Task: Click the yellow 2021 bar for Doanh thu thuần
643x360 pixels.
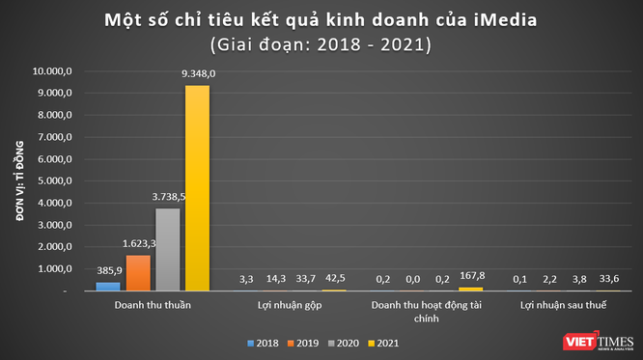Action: click(197, 188)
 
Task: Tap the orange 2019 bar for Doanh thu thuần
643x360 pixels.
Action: click(139, 272)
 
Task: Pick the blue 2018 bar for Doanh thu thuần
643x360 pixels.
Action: click(109, 286)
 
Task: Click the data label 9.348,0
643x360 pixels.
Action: click(197, 73)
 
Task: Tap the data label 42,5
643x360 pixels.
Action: click(335, 279)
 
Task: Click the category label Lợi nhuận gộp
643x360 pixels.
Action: click(290, 305)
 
